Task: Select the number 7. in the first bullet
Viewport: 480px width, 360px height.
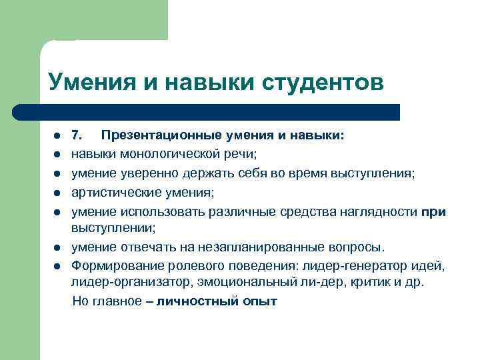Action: [x=77, y=136]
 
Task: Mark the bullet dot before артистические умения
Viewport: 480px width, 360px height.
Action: [x=57, y=194]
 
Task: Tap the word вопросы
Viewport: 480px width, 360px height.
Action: [x=355, y=247]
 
